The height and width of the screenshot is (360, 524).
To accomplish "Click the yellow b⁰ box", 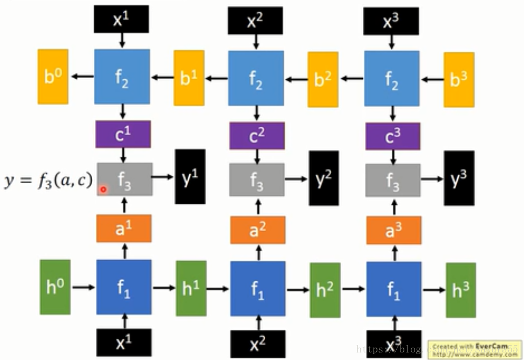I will coord(52,77).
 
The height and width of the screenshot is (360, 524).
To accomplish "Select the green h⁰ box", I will coord(56,287).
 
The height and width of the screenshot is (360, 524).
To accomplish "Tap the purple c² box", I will coord(257,136).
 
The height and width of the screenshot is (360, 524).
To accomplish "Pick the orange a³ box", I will coord(393,230).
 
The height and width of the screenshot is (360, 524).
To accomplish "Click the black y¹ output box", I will coord(190,177).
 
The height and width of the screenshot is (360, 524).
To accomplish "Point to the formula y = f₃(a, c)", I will coord(49,180).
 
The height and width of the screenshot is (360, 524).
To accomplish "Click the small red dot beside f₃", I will coord(103,189).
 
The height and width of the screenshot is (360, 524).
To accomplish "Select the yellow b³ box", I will coord(459,79).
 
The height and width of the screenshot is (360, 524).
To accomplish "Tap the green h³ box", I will coord(460,290).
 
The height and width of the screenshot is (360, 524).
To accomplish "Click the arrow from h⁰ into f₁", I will coord(83,287).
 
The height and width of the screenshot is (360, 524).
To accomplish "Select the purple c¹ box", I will coord(123,134).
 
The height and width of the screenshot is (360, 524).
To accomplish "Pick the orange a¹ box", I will coord(124,228).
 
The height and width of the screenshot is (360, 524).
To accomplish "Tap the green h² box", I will coord(325,290).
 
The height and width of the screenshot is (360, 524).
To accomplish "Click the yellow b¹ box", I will coord(189,78).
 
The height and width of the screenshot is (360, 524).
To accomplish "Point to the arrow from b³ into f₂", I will coord(432,80).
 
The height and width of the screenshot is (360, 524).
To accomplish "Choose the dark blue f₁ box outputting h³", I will coord(394,288).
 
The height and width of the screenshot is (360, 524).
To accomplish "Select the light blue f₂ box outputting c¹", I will coord(122,77).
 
